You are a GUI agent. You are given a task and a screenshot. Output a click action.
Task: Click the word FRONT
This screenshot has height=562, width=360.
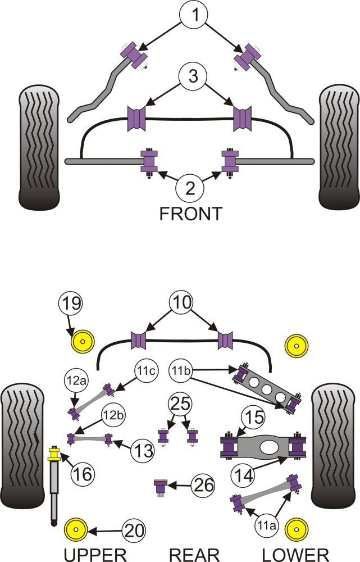pos(191,214)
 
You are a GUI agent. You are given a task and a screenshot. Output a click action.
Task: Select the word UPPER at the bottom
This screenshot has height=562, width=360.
pos(94,554)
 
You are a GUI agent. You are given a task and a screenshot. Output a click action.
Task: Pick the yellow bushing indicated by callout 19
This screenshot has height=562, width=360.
pos(83,341)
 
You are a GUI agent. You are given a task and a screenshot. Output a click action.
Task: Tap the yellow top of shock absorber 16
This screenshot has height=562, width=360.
pos(54,452)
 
